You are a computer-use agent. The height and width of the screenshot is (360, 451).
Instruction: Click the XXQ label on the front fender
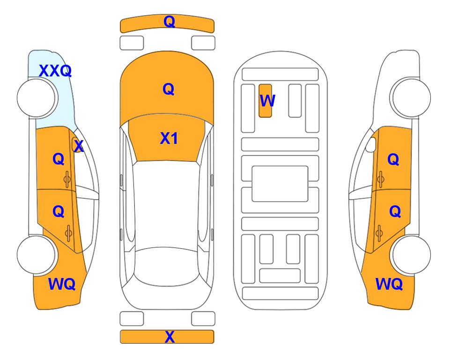(55, 71)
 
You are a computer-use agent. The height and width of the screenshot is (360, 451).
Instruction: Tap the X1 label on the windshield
(169, 138)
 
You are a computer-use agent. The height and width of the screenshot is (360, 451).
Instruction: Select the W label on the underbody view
(267, 101)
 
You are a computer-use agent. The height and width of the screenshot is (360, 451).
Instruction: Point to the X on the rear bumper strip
(170, 337)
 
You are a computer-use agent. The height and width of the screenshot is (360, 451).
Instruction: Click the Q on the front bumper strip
(170, 22)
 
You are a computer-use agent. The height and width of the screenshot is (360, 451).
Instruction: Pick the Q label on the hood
(169, 89)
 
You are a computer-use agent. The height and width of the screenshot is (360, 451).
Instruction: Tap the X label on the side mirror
(79, 146)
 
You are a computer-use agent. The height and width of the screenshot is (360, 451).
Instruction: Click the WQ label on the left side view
(62, 284)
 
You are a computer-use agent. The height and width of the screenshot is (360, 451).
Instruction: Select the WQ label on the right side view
(389, 284)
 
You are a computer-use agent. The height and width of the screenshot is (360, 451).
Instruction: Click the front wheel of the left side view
(36, 98)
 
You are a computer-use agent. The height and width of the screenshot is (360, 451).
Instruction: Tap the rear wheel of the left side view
(36, 255)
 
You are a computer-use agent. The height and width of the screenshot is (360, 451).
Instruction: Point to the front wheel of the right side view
(412, 98)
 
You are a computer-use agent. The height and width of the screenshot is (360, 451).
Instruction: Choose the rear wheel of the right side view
(412, 255)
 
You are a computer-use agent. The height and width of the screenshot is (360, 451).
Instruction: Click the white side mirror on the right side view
(371, 144)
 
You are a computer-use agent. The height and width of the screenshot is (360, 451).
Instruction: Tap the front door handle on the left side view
(67, 179)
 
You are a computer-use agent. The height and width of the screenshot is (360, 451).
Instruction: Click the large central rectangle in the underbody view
(280, 184)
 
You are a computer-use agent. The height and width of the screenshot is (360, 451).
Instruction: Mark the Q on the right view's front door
(393, 159)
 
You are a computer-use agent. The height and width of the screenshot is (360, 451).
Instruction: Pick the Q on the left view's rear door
(59, 212)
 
